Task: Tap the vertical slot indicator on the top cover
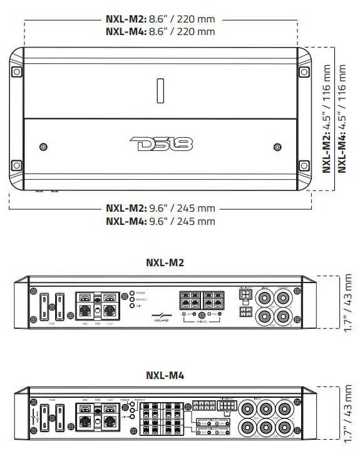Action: [160, 90]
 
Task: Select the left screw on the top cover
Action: [43, 147]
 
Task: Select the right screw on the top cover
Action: [278, 147]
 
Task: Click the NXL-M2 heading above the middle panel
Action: [165, 263]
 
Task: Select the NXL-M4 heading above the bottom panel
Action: [165, 376]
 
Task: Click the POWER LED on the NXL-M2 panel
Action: [131, 293]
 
